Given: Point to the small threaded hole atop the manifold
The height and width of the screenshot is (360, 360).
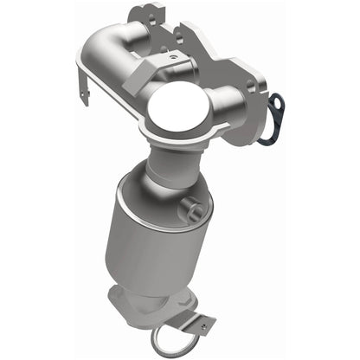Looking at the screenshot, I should tap(171, 55).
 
